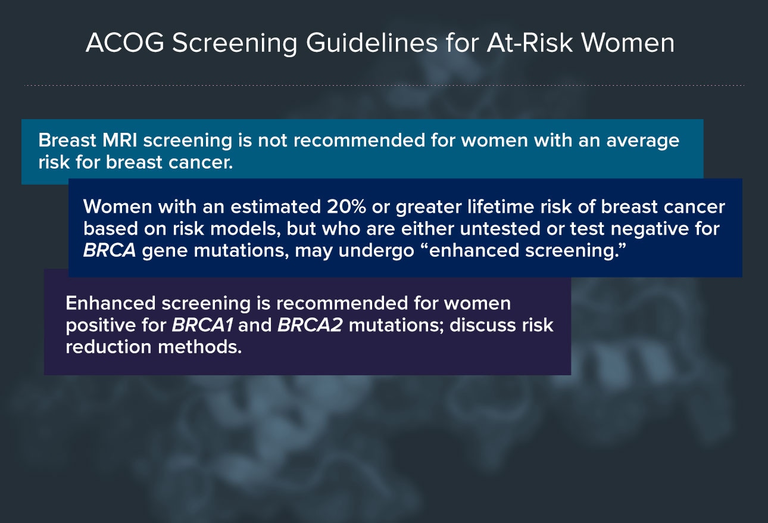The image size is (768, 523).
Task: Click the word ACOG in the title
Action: pyautogui.click(x=125, y=43)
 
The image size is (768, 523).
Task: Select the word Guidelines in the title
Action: pyautogui.click(x=371, y=43)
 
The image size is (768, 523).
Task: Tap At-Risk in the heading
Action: pyautogui.click(x=530, y=43)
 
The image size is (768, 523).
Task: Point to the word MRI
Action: pyautogui.click(x=120, y=140)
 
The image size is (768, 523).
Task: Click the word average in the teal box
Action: pyautogui.click(x=643, y=141)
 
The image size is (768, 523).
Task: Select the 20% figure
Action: pyautogui.click(x=346, y=207)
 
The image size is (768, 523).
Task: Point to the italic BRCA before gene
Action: pyautogui.click(x=110, y=250)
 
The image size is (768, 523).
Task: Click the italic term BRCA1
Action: pyautogui.click(x=202, y=325)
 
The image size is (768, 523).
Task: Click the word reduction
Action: pyautogui.click(x=109, y=347)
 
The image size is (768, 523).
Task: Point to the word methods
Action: pyautogui.click(x=200, y=347)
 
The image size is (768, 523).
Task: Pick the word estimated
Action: pyautogui.click(x=276, y=207)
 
